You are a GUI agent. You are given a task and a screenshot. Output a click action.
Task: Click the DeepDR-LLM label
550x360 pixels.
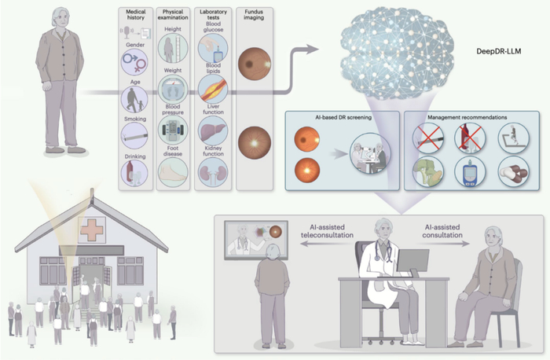(498, 51)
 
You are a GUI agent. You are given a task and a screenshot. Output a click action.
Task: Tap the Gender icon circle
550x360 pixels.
(134, 62)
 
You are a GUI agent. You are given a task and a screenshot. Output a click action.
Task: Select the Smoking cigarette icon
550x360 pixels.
(134, 135)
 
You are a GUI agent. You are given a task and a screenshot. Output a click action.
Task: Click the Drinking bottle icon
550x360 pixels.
(134, 174)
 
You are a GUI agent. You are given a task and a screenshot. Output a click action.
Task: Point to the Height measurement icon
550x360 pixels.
(173, 49)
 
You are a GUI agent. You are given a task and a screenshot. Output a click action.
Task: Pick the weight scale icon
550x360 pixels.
(173, 89)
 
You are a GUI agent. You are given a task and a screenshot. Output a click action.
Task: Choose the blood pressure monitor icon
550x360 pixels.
(173, 130)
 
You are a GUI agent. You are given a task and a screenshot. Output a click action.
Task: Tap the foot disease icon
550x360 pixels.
(173, 172)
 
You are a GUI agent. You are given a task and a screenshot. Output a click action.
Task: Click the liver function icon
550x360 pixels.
(213, 130)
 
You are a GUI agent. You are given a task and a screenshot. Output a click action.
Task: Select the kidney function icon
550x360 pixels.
(213, 172)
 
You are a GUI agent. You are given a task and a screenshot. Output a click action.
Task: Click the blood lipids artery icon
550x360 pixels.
(213, 89)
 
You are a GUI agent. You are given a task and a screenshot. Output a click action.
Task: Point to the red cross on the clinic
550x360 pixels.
(92, 230)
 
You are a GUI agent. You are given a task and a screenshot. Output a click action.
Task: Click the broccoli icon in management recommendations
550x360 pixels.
(428, 172)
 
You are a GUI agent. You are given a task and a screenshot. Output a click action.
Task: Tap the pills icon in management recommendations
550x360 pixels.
(514, 172)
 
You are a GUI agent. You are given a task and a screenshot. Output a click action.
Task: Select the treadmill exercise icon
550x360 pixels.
(514, 138)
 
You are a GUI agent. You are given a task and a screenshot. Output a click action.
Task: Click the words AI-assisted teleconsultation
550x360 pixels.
(327, 231)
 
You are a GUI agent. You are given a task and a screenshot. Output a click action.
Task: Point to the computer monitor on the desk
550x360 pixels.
(412, 262)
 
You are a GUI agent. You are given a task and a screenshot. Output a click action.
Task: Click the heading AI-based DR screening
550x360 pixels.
(343, 118)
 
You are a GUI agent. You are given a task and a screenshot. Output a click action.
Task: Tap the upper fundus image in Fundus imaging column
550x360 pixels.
(255, 64)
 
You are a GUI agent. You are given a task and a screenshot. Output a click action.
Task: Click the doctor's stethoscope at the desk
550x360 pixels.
(383, 250)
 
